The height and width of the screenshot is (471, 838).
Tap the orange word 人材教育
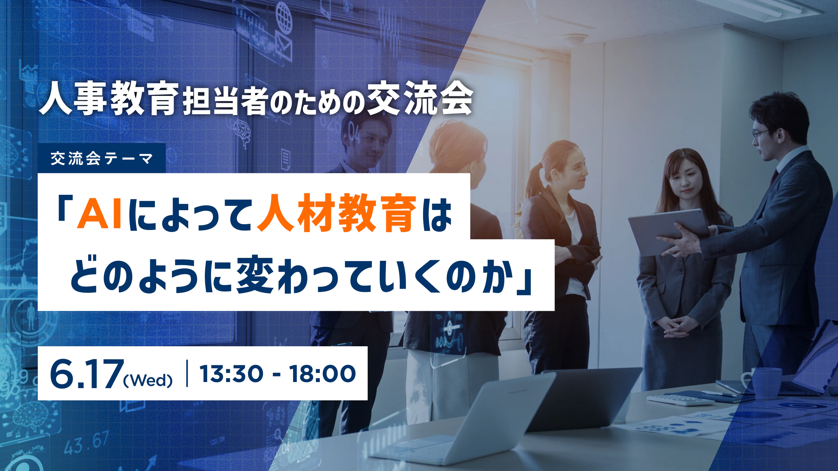tap(337, 213)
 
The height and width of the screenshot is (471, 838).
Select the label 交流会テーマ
tap(102, 159)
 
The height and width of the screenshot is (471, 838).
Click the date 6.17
tap(87, 374)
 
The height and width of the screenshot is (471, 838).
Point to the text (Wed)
tap(148, 380)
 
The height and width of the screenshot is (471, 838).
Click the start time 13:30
tap(231, 374)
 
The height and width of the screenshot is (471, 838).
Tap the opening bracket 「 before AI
tap(66, 208)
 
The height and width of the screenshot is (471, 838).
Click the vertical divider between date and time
tap(187, 373)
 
